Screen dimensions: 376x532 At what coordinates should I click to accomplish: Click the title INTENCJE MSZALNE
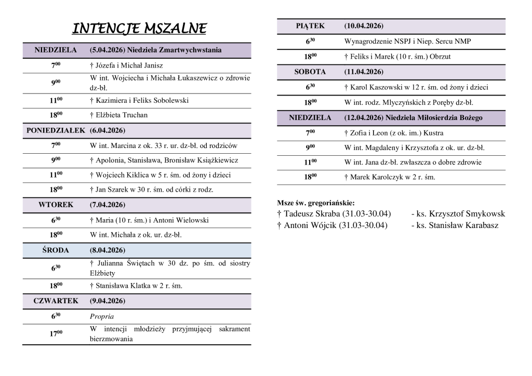[139, 28]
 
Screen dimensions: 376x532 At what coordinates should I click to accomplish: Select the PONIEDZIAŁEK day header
[56, 130]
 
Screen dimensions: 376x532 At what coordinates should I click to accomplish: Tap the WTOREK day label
[56, 205]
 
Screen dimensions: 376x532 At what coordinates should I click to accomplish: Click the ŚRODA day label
[56, 249]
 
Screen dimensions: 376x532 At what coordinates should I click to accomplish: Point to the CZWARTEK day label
[56, 301]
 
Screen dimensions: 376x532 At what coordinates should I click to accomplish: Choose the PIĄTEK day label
[310, 25]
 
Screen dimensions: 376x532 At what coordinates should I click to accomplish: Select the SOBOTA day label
[310, 71]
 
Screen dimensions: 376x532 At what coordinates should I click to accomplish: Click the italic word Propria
[102, 316]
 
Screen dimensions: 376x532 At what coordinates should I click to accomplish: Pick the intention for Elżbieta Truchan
[118, 115]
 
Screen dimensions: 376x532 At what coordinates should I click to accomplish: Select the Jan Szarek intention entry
[151, 190]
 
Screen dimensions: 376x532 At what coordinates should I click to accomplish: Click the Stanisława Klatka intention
[136, 286]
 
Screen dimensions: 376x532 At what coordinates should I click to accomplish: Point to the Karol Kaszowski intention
[416, 87]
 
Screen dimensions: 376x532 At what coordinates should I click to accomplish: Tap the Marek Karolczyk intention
[390, 177]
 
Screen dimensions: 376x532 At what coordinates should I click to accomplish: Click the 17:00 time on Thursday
[56, 333]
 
